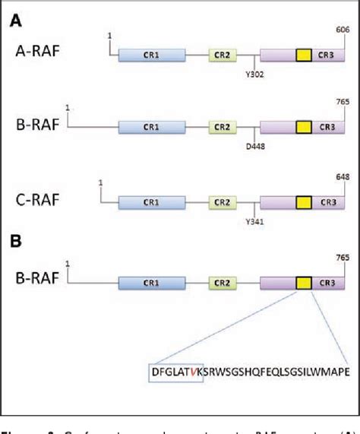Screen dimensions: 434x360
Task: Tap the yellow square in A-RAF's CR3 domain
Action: point(303,55)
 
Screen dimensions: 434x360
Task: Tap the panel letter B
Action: point(14,245)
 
